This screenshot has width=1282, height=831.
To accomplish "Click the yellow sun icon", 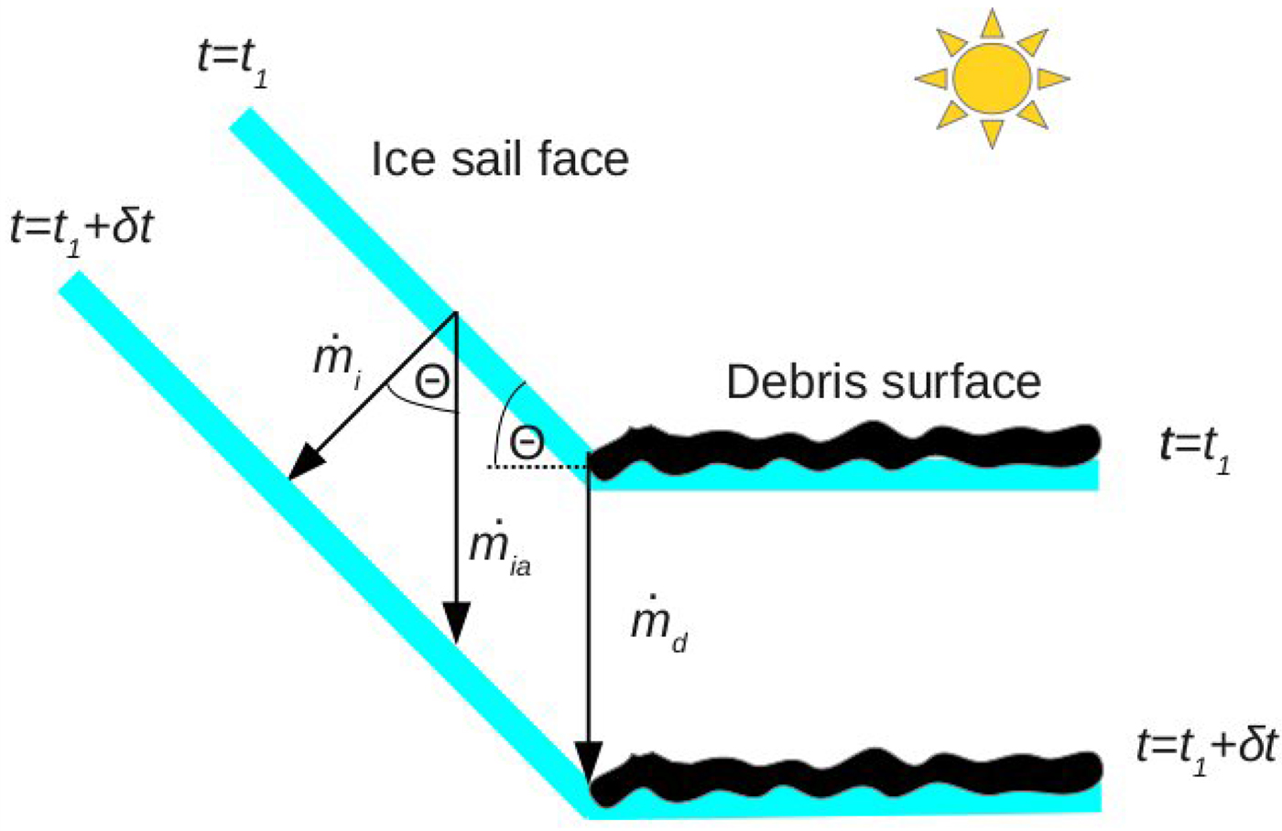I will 992,78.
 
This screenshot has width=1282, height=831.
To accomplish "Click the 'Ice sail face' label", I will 499,159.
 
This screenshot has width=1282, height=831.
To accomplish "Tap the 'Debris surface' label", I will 884,382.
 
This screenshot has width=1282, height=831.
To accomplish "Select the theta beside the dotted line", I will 526,443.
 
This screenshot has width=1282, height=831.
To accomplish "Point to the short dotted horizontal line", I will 536,467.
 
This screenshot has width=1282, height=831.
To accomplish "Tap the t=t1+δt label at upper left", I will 81,229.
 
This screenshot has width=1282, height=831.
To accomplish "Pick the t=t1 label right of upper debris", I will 1195,448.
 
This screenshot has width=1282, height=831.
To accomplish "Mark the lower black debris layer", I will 842,773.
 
